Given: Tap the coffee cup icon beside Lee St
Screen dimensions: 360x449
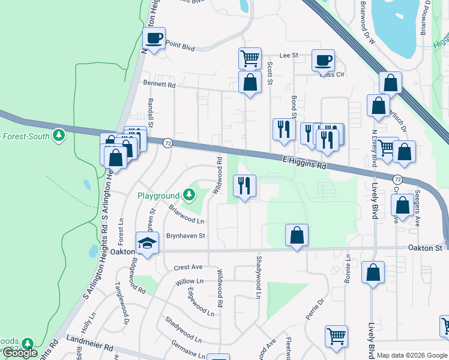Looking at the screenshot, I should click(323, 61).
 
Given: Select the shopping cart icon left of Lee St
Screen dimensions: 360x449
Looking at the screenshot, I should click(250, 59).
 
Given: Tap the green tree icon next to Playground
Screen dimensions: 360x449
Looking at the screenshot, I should click(189, 194).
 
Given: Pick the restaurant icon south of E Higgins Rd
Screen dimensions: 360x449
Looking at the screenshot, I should click(244, 186).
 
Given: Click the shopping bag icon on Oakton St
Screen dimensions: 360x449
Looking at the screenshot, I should click(297, 235).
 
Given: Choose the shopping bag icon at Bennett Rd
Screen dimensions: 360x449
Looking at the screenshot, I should click(250, 83).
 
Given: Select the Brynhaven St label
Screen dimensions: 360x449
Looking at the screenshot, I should click(185, 236).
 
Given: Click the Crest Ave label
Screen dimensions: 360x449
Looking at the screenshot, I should click(188, 267).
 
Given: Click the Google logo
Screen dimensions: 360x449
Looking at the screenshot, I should click(20, 353).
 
